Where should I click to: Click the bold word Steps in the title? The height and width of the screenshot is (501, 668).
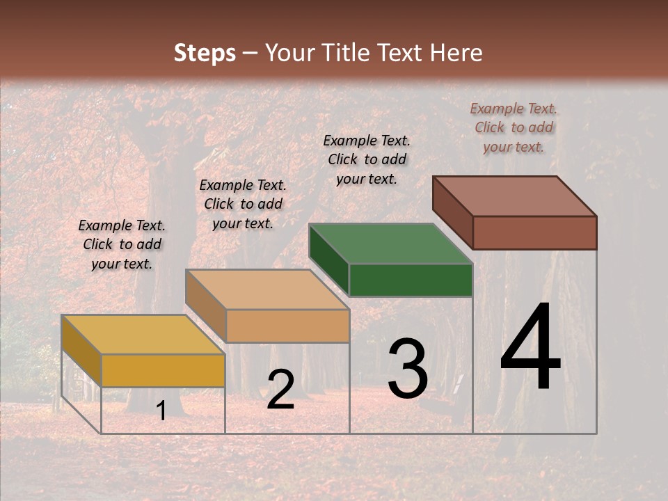click(205, 53)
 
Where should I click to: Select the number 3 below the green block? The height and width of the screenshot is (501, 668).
click(407, 368)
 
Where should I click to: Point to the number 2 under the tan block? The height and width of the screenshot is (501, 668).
click(280, 389)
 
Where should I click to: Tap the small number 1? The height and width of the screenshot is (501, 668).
click(161, 411)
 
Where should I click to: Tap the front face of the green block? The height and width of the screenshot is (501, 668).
click(411, 280)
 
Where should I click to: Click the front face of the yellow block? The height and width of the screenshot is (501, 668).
click(163, 370)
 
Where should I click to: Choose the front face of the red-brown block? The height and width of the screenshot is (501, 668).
click(534, 232)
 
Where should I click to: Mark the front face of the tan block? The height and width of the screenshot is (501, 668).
click(287, 326)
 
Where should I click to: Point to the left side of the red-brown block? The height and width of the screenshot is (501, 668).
click(452, 212)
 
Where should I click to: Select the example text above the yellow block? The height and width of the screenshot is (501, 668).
click(122, 244)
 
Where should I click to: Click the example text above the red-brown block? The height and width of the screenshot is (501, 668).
click(514, 127)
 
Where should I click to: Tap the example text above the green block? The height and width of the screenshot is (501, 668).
click(367, 159)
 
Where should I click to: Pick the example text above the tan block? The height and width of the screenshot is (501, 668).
click(243, 204)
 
